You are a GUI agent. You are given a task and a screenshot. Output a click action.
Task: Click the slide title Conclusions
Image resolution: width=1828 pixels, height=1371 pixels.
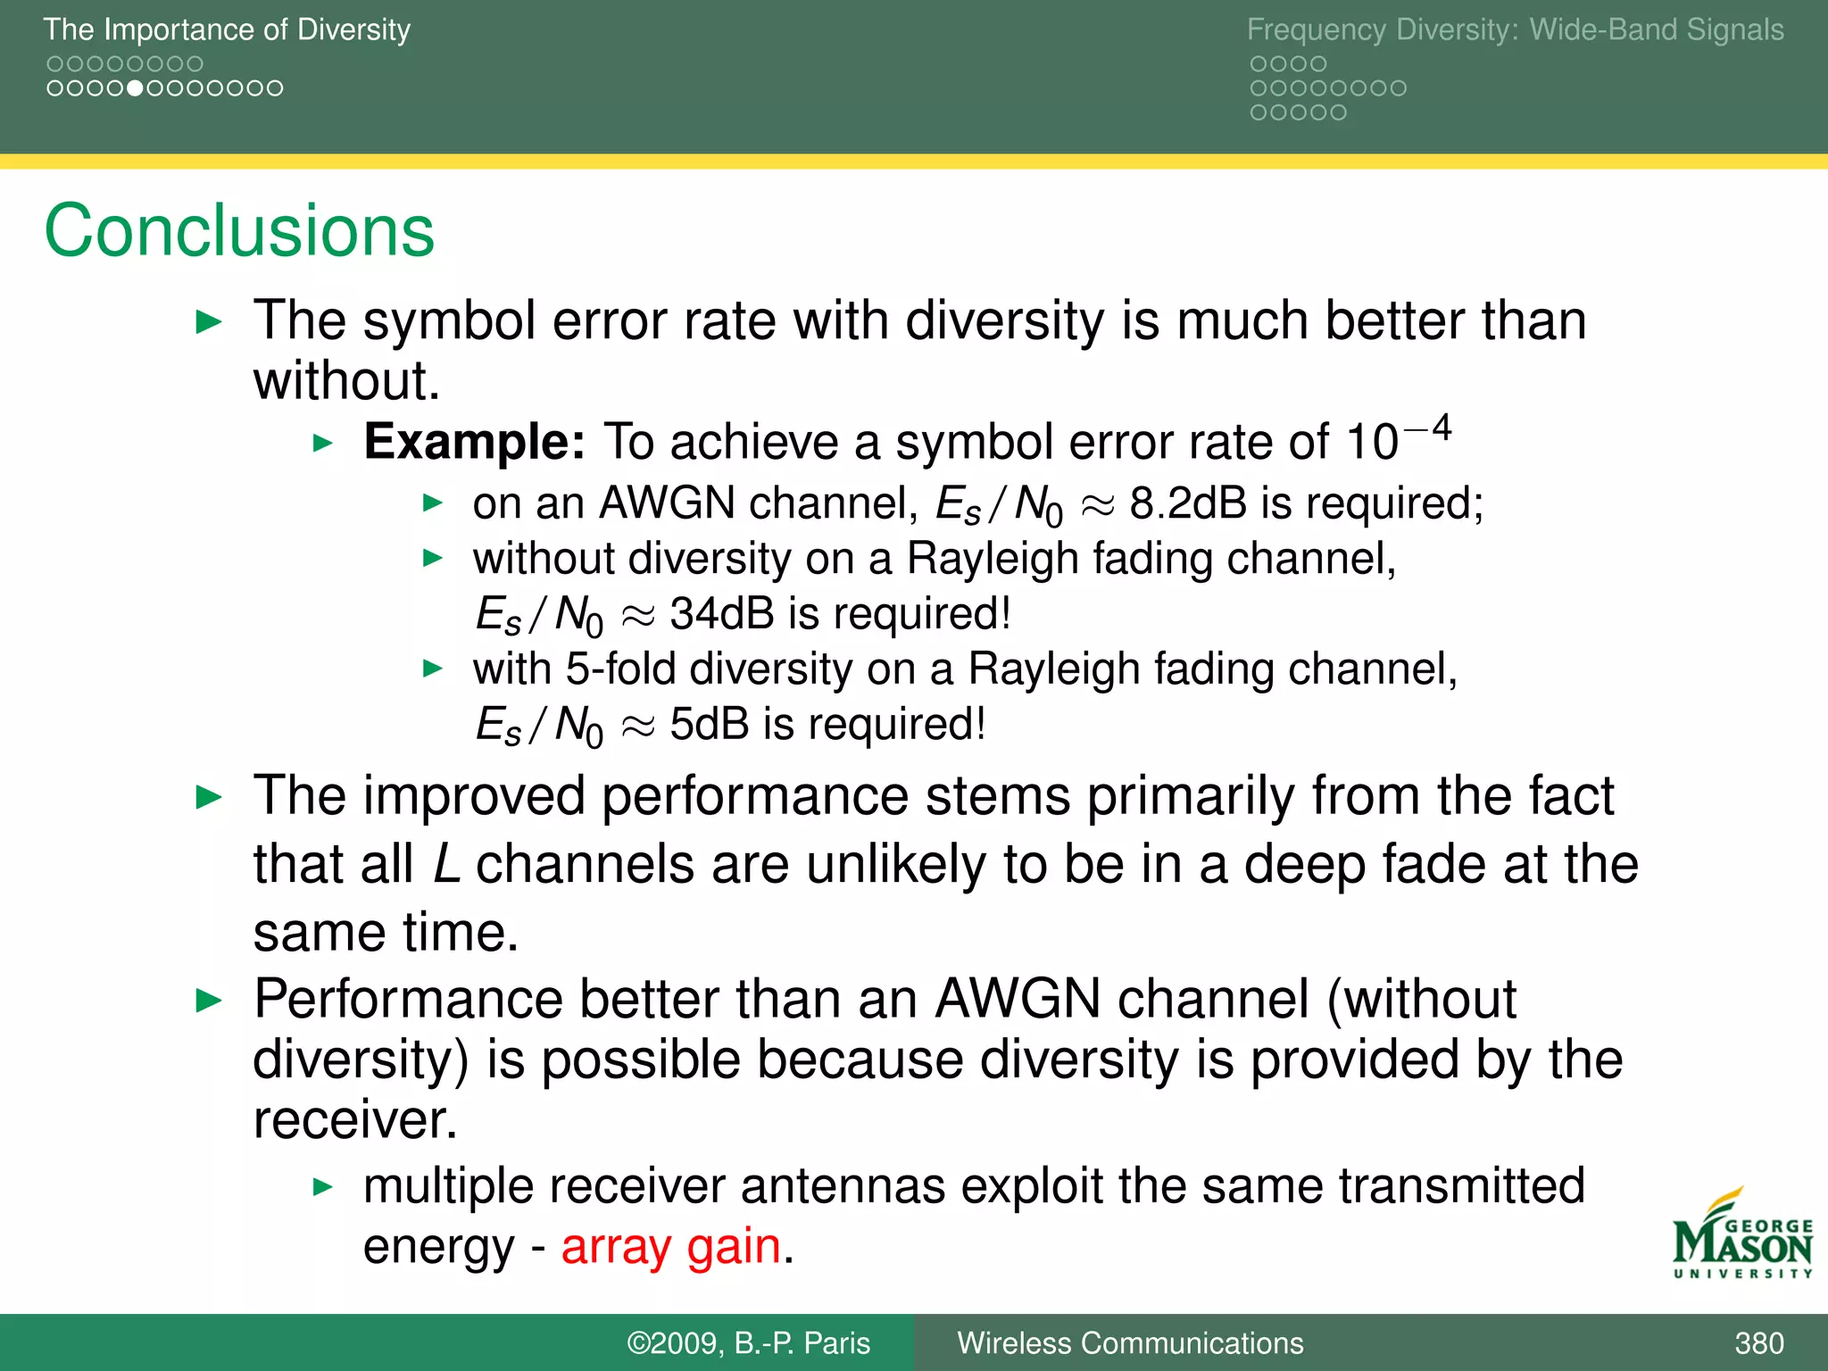coord(239,230)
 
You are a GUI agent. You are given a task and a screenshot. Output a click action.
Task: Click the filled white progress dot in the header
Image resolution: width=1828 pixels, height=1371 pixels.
coord(135,88)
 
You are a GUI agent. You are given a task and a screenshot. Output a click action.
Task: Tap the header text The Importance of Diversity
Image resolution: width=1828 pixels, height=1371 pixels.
coord(227,29)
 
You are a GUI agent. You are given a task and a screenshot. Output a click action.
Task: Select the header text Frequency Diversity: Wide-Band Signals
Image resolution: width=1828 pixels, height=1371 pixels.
coord(1515,29)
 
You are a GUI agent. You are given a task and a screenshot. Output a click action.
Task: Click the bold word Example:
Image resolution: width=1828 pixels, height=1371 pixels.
coord(474,442)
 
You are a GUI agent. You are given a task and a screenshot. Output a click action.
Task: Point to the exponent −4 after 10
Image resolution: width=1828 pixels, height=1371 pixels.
coord(1428,429)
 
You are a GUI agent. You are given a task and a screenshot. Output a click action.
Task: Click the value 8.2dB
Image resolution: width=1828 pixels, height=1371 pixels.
coord(1188,503)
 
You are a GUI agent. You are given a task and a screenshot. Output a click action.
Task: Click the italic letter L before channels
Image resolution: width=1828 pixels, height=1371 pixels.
coord(446,864)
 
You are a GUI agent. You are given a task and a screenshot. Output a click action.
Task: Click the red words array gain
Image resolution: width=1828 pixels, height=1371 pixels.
coord(671,1246)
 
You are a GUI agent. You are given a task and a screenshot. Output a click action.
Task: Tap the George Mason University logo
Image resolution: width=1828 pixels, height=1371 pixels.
coord(1741,1236)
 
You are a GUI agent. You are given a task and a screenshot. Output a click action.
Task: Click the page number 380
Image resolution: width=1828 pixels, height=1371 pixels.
coord(1758,1343)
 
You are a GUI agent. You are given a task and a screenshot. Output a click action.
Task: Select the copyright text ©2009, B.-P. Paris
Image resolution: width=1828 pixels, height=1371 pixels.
coord(748,1343)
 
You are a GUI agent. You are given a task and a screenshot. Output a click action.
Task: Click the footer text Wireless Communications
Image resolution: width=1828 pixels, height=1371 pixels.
coord(1130,1343)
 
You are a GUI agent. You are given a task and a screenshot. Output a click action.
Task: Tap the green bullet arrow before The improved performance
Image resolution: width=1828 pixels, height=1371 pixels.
coord(209,797)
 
